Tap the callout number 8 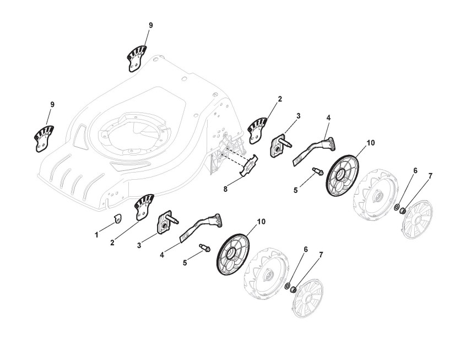point(225,189)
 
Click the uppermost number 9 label point(150,25)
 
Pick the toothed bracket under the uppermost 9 point(137,58)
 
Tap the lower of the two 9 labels point(52,104)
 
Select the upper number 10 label point(370,142)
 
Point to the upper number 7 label point(430,176)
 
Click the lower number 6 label point(306,250)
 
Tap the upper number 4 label point(328,118)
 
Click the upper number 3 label point(298,116)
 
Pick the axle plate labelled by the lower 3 point(165,223)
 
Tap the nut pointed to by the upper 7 point(403,210)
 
